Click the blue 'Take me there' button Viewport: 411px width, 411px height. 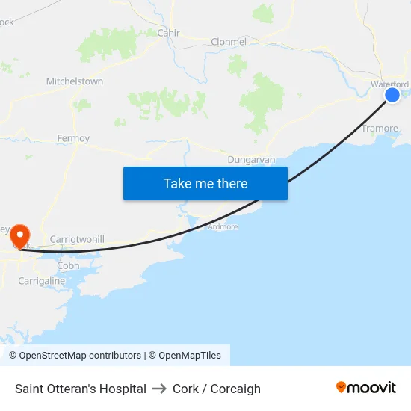click(x=205, y=183)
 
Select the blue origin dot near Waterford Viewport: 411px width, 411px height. click(x=392, y=95)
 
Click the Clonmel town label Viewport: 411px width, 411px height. click(x=229, y=42)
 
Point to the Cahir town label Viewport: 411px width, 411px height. click(x=169, y=33)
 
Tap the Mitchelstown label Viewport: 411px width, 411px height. click(x=75, y=81)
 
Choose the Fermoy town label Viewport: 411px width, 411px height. click(x=73, y=138)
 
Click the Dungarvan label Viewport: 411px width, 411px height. click(x=251, y=159)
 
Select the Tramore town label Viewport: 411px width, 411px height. click(x=380, y=129)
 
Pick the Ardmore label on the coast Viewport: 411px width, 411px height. click(x=223, y=226)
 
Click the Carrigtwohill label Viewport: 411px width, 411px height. click(x=77, y=239)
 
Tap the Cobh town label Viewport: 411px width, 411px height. click(x=68, y=265)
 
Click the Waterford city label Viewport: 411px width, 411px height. click(x=389, y=84)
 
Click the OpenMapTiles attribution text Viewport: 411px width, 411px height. click(x=190, y=356)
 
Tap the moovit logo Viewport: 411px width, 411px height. click(x=365, y=388)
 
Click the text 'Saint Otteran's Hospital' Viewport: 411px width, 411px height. click(x=81, y=389)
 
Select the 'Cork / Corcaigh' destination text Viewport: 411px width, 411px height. click(x=217, y=389)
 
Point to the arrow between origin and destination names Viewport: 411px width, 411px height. click(x=159, y=389)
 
